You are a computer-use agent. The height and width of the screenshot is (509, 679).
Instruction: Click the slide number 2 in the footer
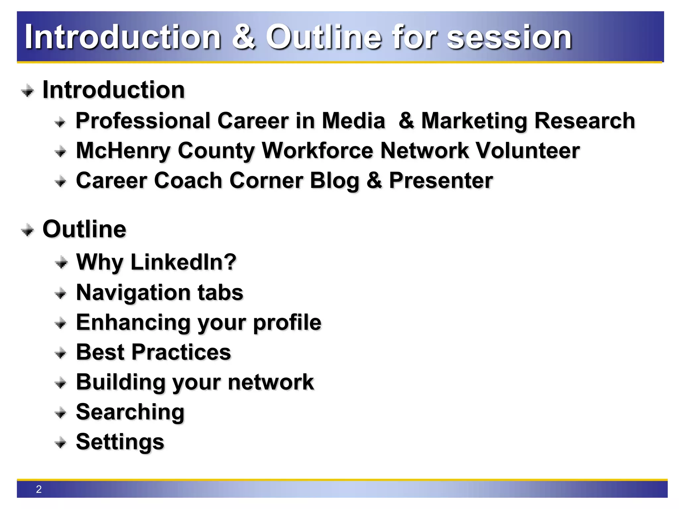click(x=39, y=489)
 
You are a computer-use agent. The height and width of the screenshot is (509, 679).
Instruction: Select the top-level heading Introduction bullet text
click(x=114, y=90)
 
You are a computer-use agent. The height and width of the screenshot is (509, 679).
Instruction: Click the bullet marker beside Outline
click(x=27, y=230)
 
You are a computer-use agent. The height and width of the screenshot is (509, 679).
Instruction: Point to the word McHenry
click(x=123, y=151)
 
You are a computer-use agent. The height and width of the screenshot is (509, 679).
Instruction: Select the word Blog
click(x=335, y=181)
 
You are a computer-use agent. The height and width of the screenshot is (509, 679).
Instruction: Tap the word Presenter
click(x=441, y=181)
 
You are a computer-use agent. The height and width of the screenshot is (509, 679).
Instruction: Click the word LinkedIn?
click(x=183, y=262)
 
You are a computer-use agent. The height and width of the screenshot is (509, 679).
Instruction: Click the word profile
click(x=287, y=322)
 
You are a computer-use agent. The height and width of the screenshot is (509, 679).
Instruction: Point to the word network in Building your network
click(x=271, y=382)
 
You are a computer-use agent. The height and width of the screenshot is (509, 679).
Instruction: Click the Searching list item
click(x=130, y=412)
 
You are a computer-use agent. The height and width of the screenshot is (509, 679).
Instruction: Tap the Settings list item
click(x=120, y=442)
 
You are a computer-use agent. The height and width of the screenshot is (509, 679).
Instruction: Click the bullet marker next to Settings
click(x=60, y=442)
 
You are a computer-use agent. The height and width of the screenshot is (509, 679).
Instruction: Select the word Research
click(x=585, y=121)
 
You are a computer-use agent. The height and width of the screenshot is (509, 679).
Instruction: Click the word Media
click(x=353, y=121)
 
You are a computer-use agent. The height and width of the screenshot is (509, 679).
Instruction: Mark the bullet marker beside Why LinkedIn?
click(x=61, y=263)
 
